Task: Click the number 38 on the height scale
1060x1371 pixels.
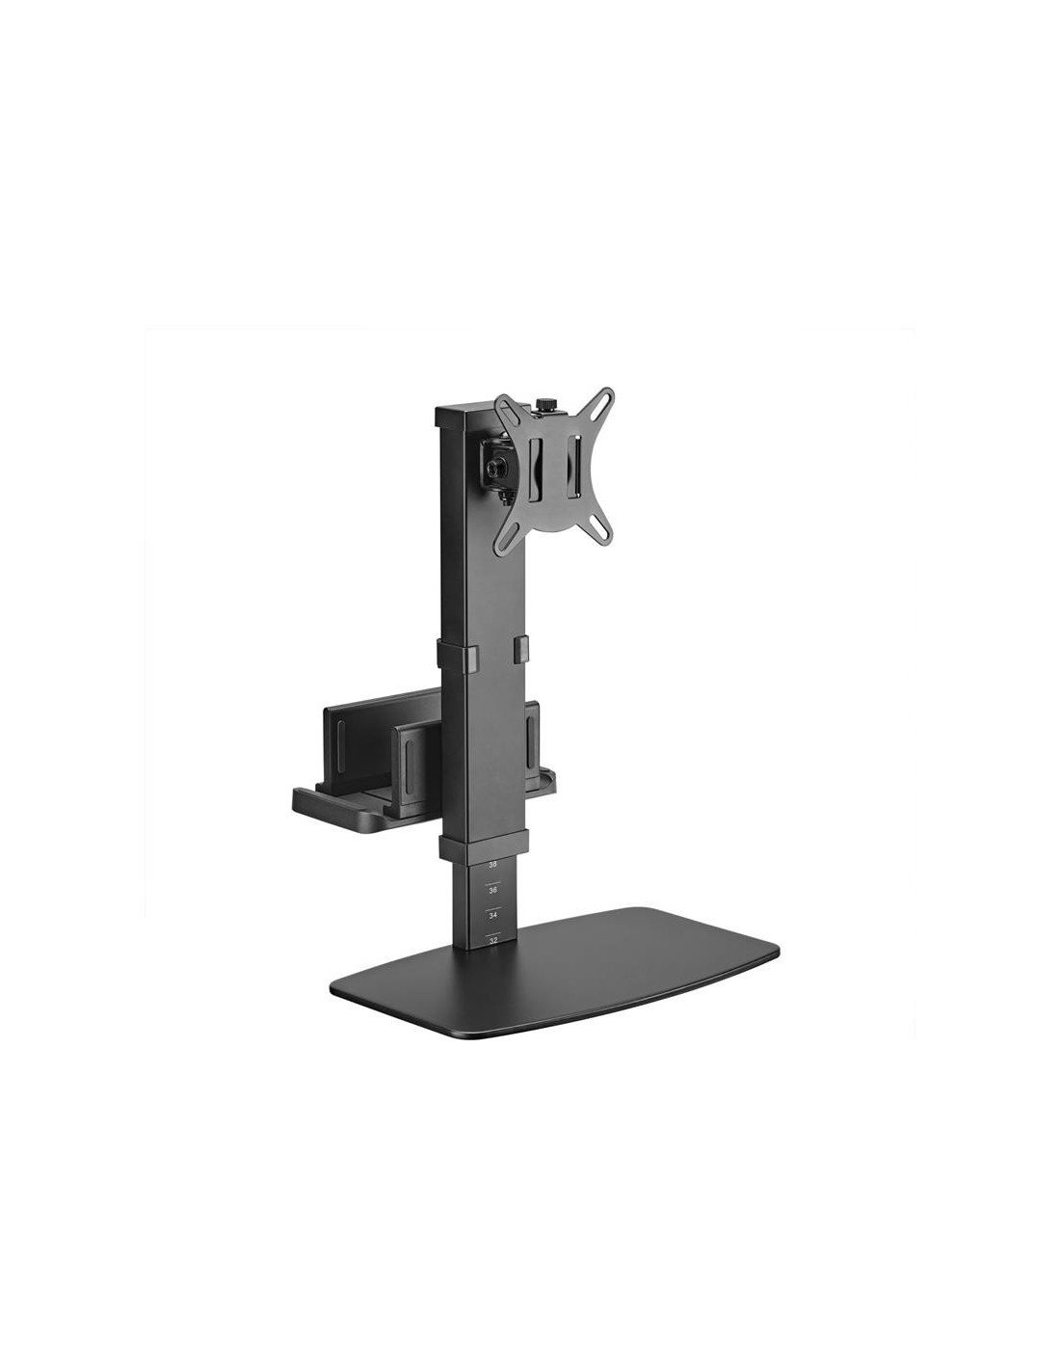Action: point(493,865)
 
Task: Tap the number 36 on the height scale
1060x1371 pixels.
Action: point(493,889)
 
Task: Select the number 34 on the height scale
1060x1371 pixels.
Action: point(493,913)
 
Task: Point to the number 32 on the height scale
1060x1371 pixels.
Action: point(493,936)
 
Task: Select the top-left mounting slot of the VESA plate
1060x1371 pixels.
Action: point(501,403)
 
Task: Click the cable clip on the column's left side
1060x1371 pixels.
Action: point(449,652)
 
